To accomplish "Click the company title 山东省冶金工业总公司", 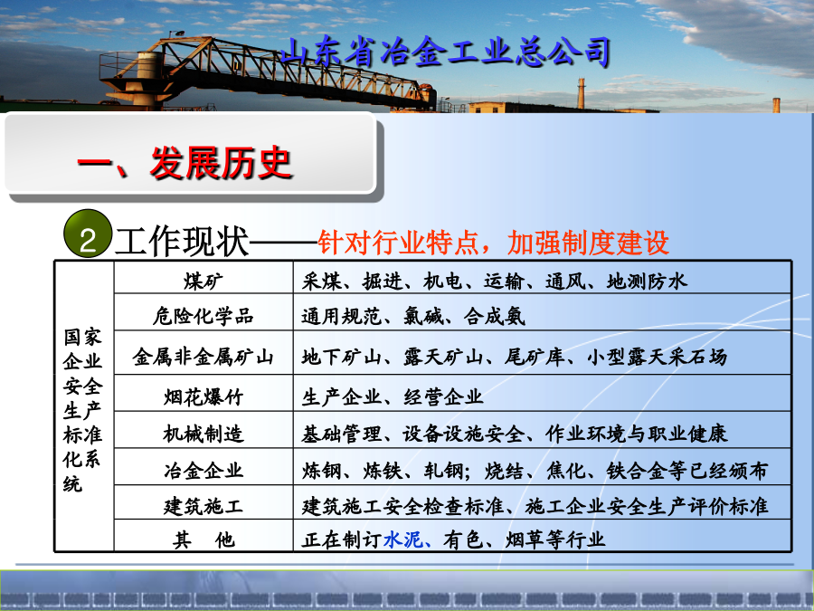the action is coord(445,52).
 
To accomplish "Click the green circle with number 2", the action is coord(87,234).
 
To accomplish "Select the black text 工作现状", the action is coord(181,242).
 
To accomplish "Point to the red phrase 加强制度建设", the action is coord(588,242).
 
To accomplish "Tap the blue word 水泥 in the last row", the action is coord(403,539).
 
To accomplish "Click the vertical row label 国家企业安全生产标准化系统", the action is coord(82,410).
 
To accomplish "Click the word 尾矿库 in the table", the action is coord(535,357).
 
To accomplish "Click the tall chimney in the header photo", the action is coord(582,93).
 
